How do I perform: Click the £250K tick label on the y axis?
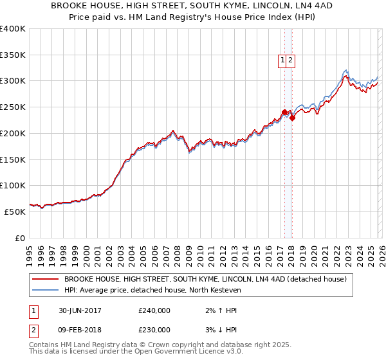pyautogui.click(x=13, y=107)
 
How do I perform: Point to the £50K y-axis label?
pyautogui.click(x=15, y=212)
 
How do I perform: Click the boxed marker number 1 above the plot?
pyautogui.click(x=282, y=60)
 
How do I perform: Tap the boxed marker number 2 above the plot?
pyautogui.click(x=291, y=60)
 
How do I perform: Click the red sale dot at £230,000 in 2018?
pyautogui.click(x=292, y=118)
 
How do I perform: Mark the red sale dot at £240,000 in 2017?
pyautogui.click(x=284, y=112)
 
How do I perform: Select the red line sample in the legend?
pyautogui.click(x=45, y=279)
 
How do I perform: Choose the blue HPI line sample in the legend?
pyautogui.click(x=45, y=290)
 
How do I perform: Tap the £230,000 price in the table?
pyautogui.click(x=154, y=330)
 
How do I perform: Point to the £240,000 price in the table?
pyautogui.click(x=154, y=310)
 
